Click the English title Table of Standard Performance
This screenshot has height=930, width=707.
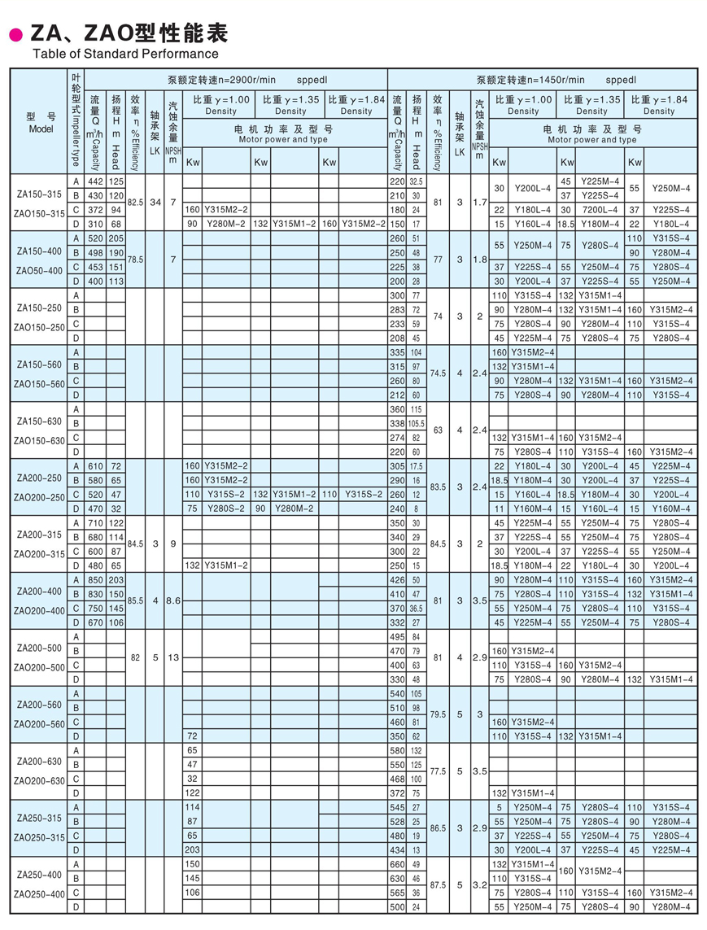click(x=124, y=54)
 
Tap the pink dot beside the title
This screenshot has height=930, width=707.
click(x=14, y=34)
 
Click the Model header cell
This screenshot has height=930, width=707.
click(x=40, y=123)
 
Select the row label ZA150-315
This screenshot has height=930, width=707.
click(x=40, y=194)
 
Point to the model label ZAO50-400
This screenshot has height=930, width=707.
click(x=40, y=270)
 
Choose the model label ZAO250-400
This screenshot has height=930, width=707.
click(x=40, y=894)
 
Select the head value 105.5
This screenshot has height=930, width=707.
click(x=417, y=423)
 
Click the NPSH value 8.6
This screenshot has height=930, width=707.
click(x=172, y=600)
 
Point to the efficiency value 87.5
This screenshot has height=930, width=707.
click(x=438, y=884)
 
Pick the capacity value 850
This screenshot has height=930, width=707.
click(x=94, y=579)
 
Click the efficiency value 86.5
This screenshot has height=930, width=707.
click(x=438, y=827)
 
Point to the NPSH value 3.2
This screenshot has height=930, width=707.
click(x=480, y=884)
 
